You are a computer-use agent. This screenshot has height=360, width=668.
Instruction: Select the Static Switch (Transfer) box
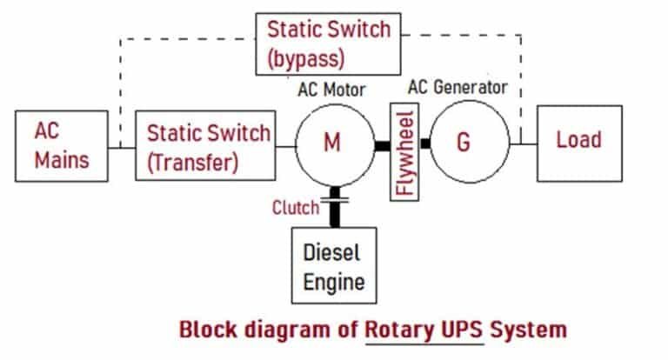205,146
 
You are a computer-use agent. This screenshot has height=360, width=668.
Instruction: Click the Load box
578,142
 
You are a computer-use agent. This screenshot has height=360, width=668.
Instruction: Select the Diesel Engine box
334,266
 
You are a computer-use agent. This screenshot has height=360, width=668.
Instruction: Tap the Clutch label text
295,208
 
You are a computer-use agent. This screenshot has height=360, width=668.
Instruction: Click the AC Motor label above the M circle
331,90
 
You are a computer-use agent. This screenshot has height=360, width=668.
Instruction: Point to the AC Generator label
456,88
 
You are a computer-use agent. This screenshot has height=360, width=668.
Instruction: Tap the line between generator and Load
523,143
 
